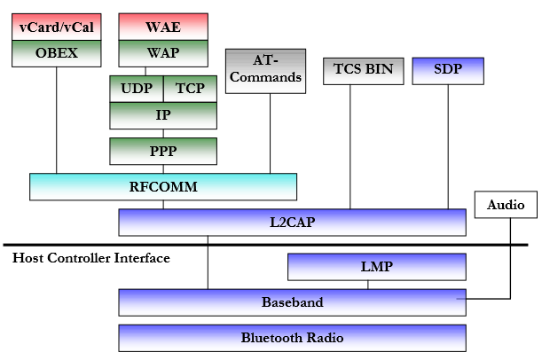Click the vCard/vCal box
[56, 27]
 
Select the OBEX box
[56, 52]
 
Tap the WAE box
[162, 27]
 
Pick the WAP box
[162, 52]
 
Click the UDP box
[136, 89]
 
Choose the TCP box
[190, 89]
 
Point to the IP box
[162, 115]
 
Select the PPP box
[162, 151]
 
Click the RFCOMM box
[162, 186]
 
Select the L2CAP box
[292, 222]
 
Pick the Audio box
[507, 205]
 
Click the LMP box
[377, 266]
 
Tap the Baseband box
[292, 301]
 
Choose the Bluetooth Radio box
[292, 337]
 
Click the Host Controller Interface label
[91, 258]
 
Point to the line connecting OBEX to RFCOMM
[57, 120]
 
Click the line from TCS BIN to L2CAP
[350, 146]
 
